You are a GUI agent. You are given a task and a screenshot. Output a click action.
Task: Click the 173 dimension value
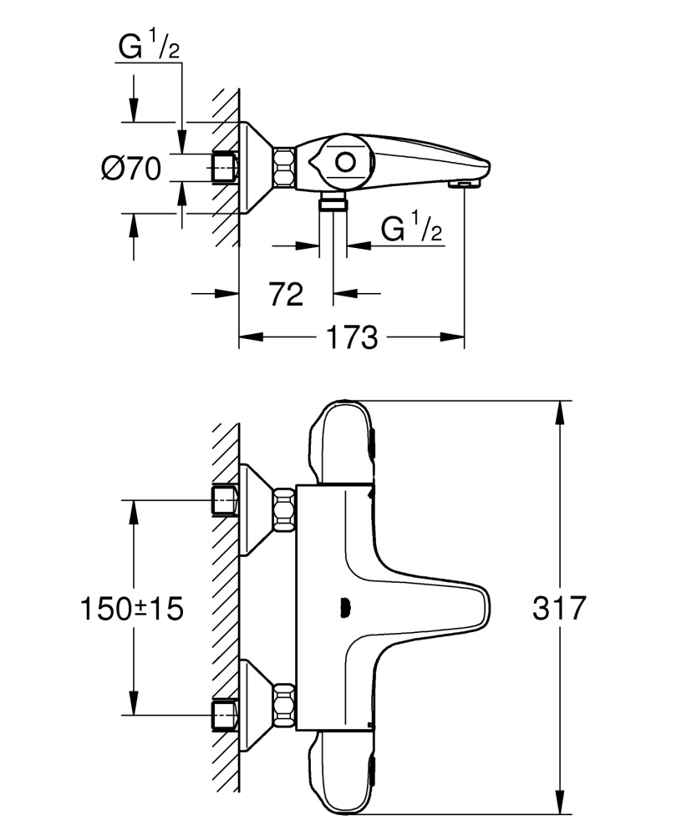tap(352, 338)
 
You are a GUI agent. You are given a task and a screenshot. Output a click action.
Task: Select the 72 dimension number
tap(286, 294)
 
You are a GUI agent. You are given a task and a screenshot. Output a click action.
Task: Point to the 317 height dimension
tap(559, 608)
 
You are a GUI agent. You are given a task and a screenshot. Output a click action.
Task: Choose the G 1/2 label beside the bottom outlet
tap(411, 229)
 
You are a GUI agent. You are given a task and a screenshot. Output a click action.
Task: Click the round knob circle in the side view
tap(346, 162)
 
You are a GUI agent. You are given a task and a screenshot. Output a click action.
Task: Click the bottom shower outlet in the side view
tap(334, 202)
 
